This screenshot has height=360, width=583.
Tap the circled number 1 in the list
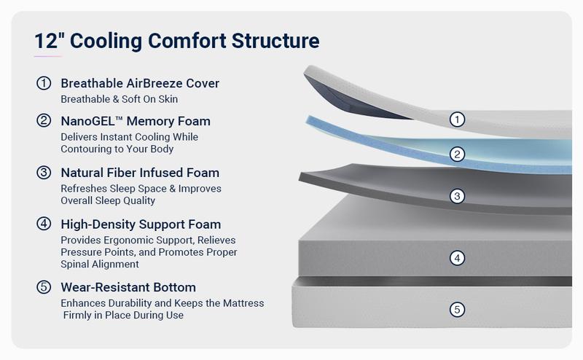click(x=44, y=83)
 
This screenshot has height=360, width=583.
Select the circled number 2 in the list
click(x=44, y=121)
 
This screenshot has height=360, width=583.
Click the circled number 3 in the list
click(x=44, y=173)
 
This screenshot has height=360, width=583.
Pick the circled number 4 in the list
click(x=44, y=224)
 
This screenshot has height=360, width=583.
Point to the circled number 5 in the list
click(x=44, y=287)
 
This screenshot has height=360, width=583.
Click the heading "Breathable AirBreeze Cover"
click(x=140, y=83)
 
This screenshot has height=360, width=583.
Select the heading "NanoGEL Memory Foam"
click(x=136, y=121)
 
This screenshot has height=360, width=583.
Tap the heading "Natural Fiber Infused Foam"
click(x=140, y=173)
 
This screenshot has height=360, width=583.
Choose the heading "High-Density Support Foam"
click(x=141, y=224)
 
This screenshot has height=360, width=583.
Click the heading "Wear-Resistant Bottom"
click(x=128, y=287)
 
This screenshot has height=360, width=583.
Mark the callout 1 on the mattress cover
click(x=457, y=120)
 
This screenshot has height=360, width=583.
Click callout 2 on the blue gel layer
click(x=457, y=154)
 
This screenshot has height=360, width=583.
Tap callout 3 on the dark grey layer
click(x=457, y=196)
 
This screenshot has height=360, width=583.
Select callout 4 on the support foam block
click(x=457, y=258)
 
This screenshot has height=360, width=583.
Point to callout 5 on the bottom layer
click(x=457, y=310)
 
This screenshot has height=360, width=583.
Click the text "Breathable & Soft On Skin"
click(x=120, y=99)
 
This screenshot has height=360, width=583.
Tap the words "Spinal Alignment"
click(x=99, y=265)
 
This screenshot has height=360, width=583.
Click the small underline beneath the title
click(x=48, y=56)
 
